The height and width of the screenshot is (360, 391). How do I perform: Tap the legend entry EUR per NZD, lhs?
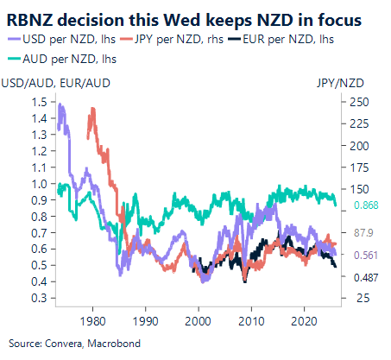click(277, 38)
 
